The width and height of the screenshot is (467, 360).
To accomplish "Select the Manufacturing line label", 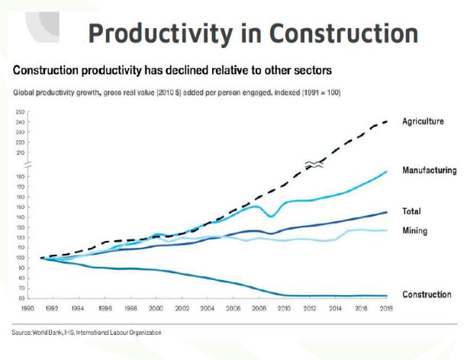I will pyautogui.click(x=429, y=170).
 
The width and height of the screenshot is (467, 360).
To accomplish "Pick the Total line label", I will pyautogui.click(x=411, y=211).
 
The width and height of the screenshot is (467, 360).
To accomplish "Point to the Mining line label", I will pyautogui.click(x=414, y=230).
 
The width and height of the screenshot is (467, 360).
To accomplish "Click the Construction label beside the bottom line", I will pyautogui.click(x=427, y=294).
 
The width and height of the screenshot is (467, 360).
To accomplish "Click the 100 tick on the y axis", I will pyautogui.click(x=19, y=258).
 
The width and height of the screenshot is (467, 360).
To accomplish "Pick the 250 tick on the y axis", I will pyautogui.click(x=19, y=112).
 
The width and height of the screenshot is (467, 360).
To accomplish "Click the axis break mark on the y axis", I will pyautogui.click(x=27, y=165).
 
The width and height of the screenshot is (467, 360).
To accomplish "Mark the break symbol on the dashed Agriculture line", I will pyautogui.click(x=314, y=163).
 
